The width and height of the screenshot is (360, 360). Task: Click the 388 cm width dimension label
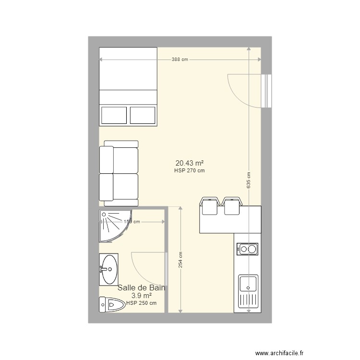[x=180, y=60]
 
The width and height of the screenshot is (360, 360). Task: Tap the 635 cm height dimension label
[x=248, y=180]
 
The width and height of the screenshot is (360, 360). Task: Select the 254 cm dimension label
[x=180, y=261]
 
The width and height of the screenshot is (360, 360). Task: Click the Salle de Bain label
[x=142, y=288]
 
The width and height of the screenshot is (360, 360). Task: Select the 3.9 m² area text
[x=142, y=296]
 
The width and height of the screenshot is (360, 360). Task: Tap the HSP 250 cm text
[x=142, y=303]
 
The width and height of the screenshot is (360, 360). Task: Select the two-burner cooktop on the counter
[x=247, y=249]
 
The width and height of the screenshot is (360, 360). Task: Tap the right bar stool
[x=232, y=205]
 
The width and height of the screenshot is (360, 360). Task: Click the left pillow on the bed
[x=114, y=115]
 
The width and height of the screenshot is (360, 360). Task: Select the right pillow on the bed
[x=143, y=115]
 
